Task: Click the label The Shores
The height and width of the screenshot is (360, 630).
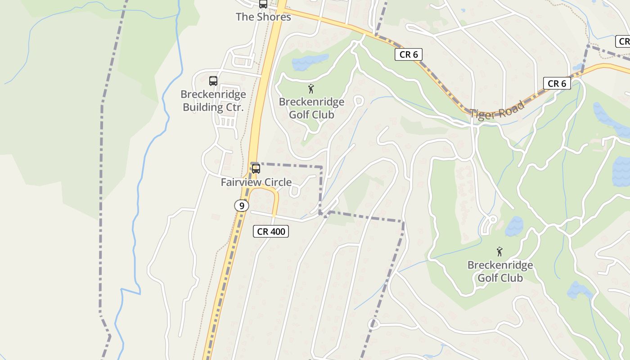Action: click(x=263, y=17)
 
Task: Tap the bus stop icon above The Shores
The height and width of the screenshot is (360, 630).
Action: click(x=263, y=4)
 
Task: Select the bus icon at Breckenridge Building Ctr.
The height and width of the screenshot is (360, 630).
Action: click(x=213, y=81)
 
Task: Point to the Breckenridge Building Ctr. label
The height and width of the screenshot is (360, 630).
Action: click(x=213, y=101)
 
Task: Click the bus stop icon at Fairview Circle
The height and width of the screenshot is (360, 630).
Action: click(x=256, y=169)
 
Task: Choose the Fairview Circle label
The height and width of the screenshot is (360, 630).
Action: click(x=256, y=182)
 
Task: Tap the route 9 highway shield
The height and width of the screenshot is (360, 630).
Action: click(x=242, y=206)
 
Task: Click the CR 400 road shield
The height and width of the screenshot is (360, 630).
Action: click(x=270, y=231)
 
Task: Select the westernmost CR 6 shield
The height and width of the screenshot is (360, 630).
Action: click(x=409, y=54)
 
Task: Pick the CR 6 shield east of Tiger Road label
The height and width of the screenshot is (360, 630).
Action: click(x=557, y=83)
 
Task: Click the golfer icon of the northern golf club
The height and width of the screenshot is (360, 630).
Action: click(x=311, y=89)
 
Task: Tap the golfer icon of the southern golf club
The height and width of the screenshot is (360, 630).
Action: click(x=499, y=252)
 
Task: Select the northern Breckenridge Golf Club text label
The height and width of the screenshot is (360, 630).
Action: click(x=311, y=108)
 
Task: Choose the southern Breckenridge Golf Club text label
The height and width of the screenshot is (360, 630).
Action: click(x=500, y=271)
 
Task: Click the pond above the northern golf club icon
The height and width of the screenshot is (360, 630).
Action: click(x=310, y=62)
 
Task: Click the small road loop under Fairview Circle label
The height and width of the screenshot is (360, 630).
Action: click(x=295, y=192)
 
